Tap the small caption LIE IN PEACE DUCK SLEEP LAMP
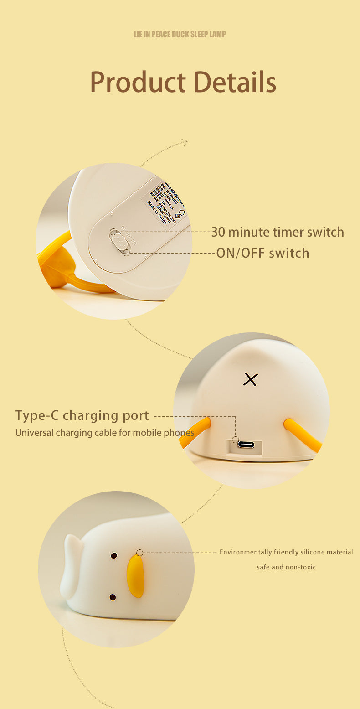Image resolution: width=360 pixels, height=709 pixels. pyautogui.click(x=180, y=35)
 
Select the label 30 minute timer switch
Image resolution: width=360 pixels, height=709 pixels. pyautogui.click(x=277, y=232)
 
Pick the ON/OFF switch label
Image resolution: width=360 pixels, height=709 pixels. pyautogui.click(x=262, y=253)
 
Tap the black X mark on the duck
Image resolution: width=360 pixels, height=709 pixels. pyautogui.click(x=250, y=379)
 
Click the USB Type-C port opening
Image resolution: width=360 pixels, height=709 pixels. pyautogui.click(x=246, y=445)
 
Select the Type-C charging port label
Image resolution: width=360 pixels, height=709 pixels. pyautogui.click(x=82, y=416)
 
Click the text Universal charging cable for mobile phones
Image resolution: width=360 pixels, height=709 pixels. pyautogui.click(x=105, y=433)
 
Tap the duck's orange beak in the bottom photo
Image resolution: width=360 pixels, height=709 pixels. pyautogui.click(x=135, y=576)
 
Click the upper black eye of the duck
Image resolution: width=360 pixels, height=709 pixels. pyautogui.click(x=114, y=556)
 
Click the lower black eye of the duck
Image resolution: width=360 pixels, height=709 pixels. pyautogui.click(x=113, y=597)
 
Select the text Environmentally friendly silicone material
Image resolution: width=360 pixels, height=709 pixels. pyautogui.click(x=286, y=552)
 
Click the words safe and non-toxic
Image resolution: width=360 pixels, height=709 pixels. pyautogui.click(x=286, y=567)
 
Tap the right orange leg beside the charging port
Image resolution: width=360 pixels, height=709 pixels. pyautogui.click(x=302, y=435)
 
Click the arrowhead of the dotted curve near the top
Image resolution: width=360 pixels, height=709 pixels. pyautogui.click(x=184, y=142)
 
